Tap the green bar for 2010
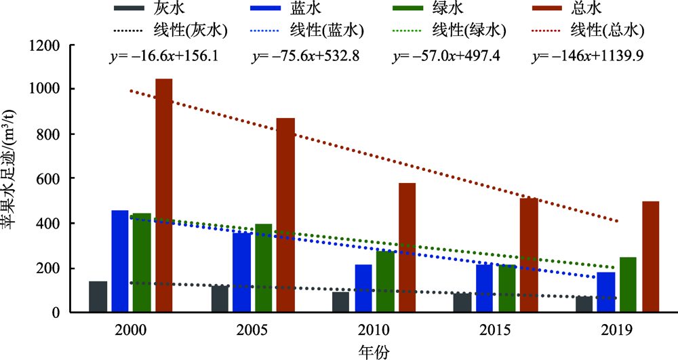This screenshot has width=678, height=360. click(384, 281)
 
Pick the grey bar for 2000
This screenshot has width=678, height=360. click(98, 296)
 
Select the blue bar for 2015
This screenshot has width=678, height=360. click(484, 288)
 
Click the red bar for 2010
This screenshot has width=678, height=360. click(407, 247)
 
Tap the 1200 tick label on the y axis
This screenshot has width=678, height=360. click(47, 46)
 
